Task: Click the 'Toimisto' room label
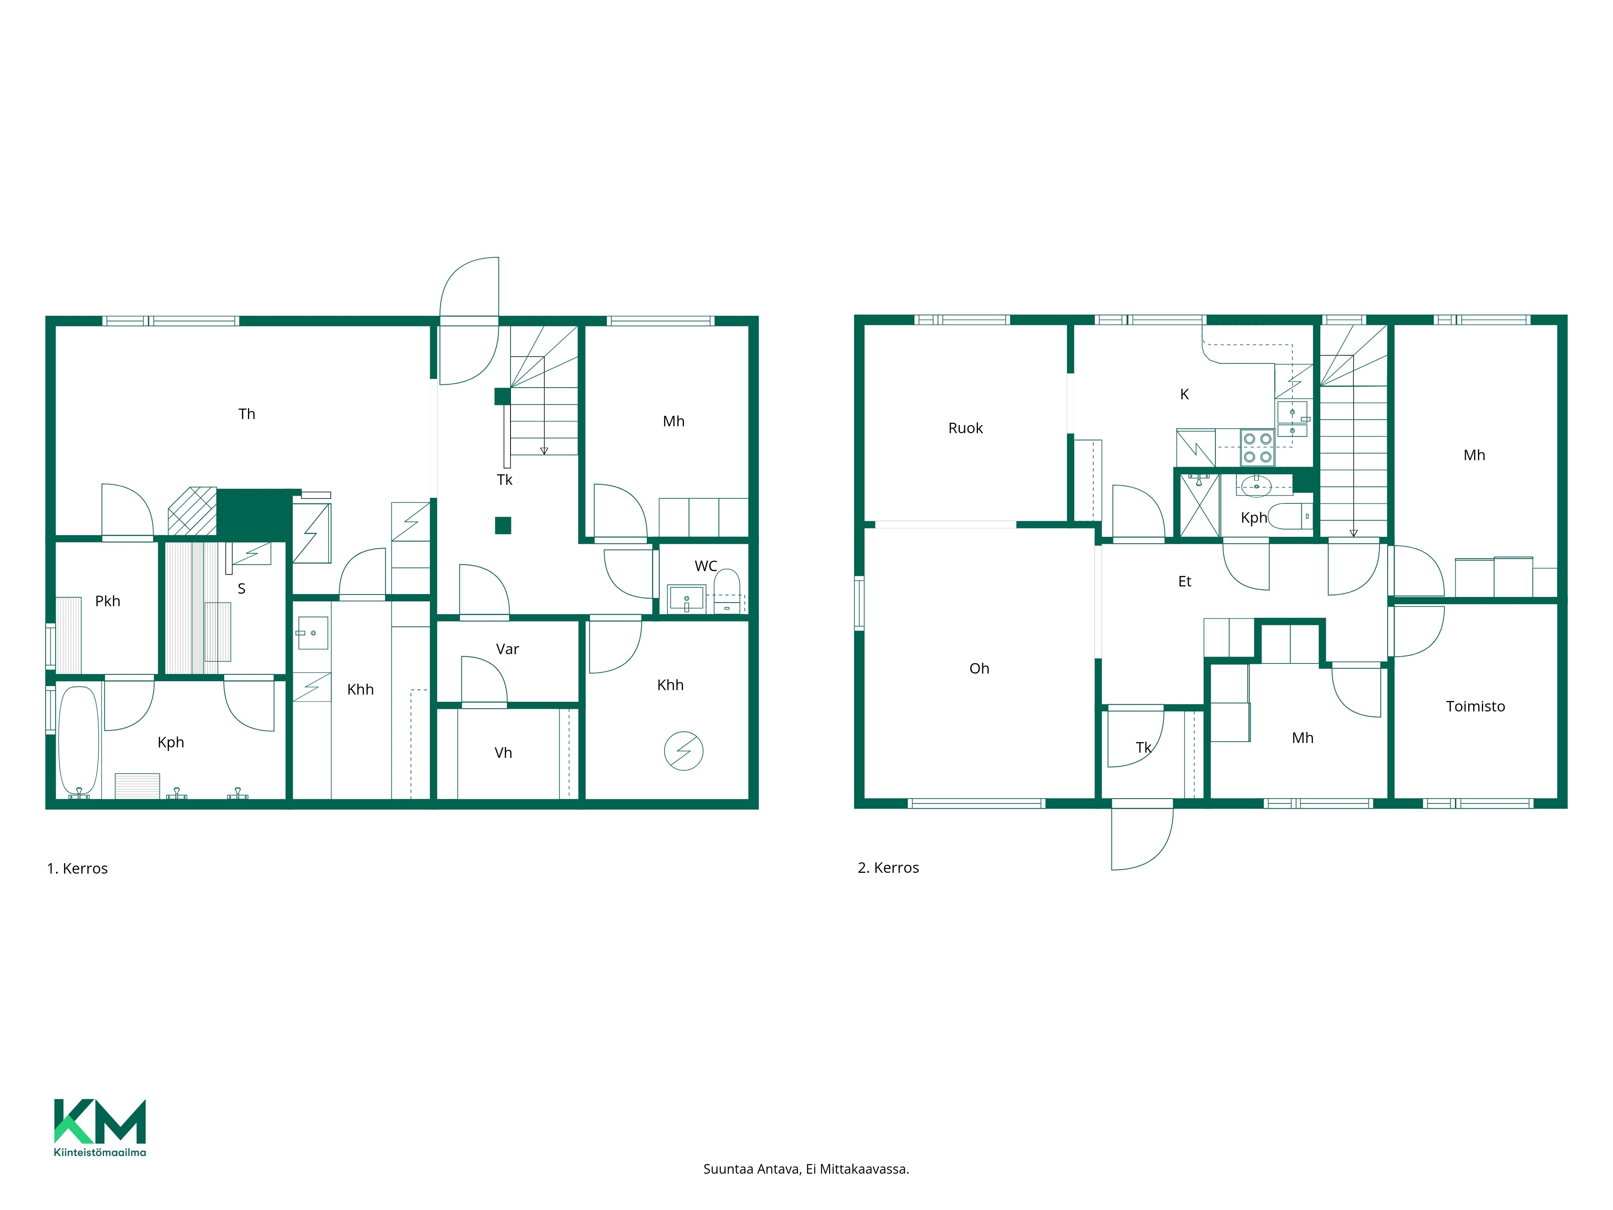(1475, 706)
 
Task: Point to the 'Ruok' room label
(965, 428)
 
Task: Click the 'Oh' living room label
(979, 668)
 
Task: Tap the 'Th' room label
(246, 413)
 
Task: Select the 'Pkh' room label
(108, 601)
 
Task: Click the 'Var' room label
(508, 649)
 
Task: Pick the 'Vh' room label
(503, 753)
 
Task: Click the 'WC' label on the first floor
(706, 566)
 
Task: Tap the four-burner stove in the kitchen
(1257, 448)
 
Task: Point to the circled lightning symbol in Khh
(683, 751)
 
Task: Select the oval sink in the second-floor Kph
(1257, 485)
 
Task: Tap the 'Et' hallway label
(1185, 581)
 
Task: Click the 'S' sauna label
(242, 588)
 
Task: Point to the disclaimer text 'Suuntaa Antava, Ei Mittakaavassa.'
(806, 1169)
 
